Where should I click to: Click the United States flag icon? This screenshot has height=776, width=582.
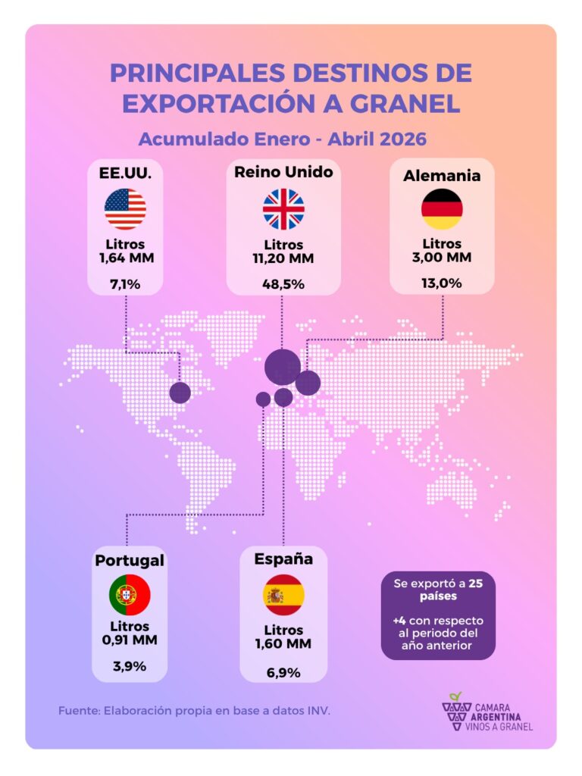coord(125,209)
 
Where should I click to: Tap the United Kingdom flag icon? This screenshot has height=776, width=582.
coord(283,209)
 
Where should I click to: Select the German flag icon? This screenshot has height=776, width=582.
coord(442,209)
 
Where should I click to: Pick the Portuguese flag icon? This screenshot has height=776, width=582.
coord(130,594)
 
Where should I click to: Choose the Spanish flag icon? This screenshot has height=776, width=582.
coord(283,594)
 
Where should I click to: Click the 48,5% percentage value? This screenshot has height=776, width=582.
coord(283,284)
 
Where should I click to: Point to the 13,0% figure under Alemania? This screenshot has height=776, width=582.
coord(442,283)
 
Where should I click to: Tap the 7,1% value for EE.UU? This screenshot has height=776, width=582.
coord(125,284)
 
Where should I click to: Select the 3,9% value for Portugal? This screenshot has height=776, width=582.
coord(130,666)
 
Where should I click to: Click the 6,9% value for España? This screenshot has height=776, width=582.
coord(283,673)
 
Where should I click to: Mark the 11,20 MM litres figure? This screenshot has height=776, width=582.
coord(283,258)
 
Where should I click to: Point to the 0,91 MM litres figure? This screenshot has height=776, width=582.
coord(130,640)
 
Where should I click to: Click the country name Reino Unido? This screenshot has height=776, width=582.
coord(283,172)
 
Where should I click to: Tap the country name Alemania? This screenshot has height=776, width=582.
coord(442,176)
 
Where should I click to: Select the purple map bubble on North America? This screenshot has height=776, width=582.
coord(180,393)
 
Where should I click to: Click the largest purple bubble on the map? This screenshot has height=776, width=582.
coord(283,367)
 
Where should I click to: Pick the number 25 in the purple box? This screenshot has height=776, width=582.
coord(476,584)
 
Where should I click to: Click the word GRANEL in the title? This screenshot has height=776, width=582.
coord(405,104)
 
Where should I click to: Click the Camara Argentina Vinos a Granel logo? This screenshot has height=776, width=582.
coord(487,712)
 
